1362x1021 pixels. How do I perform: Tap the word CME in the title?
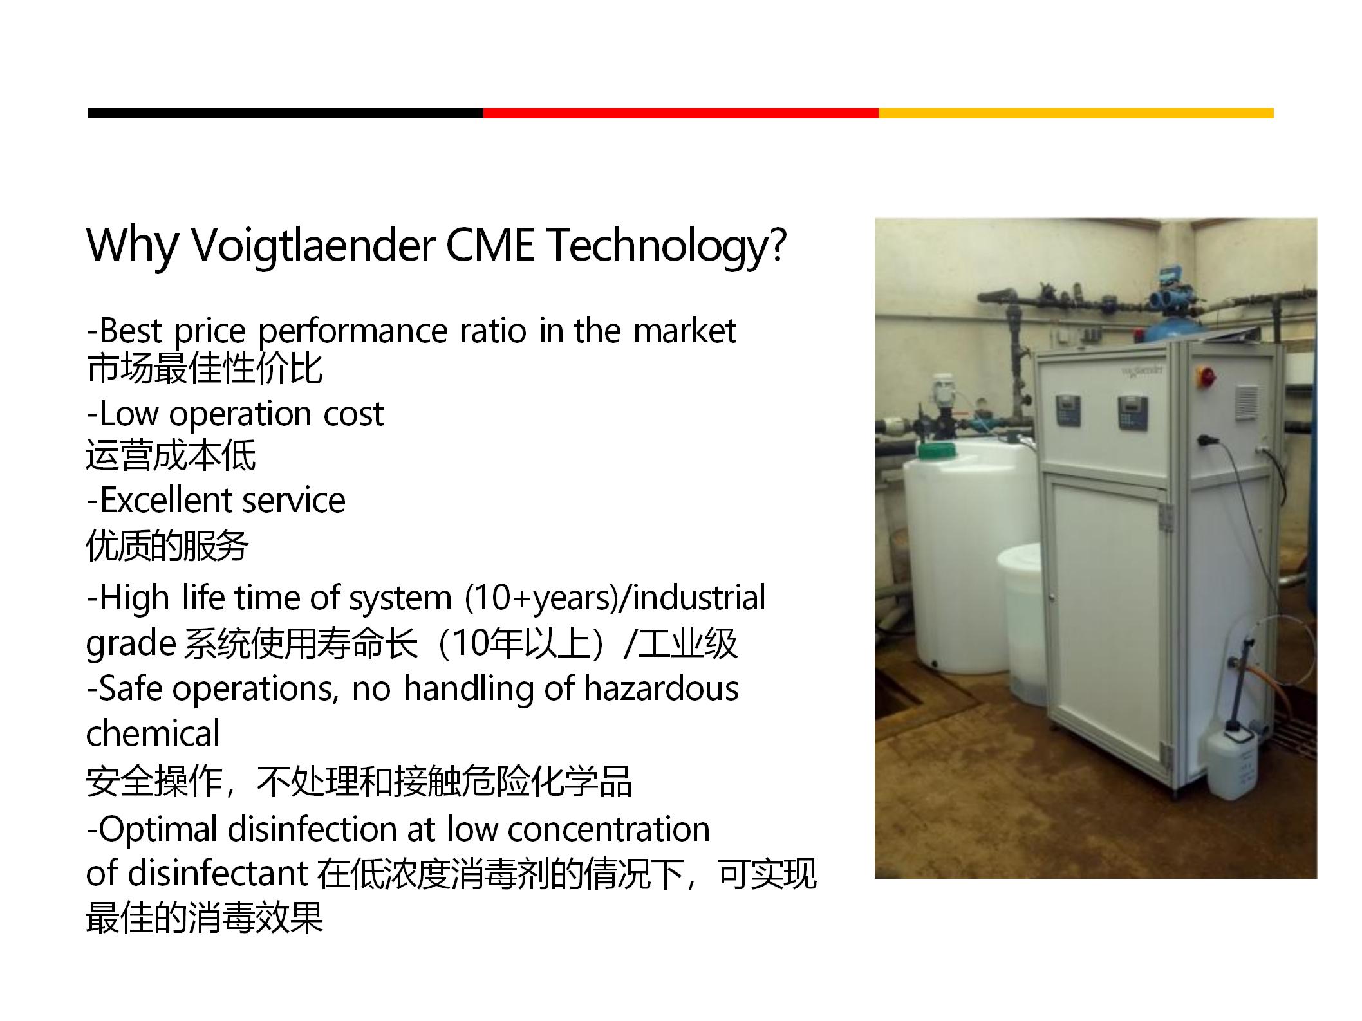(490, 244)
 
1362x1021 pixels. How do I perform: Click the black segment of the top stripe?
(286, 113)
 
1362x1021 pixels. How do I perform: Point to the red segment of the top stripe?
(681, 113)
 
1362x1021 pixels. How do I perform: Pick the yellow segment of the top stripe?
(1076, 113)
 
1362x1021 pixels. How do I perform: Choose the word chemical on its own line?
(153, 733)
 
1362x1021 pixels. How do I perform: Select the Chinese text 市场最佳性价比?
(205, 369)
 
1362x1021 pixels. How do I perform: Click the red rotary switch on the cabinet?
(1206, 375)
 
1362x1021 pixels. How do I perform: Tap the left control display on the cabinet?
(1068, 410)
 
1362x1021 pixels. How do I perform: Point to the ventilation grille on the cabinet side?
(1247, 401)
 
